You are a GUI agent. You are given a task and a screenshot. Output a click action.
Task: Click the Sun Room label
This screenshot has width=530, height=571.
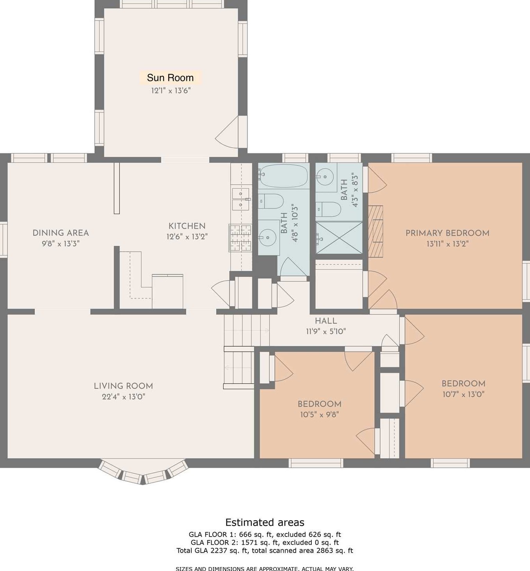[170, 77]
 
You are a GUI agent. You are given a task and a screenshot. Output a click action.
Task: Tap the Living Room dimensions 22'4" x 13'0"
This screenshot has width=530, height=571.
[124, 397]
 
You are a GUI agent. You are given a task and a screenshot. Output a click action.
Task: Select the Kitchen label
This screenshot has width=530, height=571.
[187, 226]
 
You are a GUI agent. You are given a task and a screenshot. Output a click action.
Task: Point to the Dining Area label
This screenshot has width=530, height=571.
[61, 233]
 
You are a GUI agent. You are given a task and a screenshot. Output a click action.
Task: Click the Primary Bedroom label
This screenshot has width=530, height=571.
[447, 233]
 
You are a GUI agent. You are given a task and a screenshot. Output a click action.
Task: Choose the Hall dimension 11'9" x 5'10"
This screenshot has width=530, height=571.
[326, 331]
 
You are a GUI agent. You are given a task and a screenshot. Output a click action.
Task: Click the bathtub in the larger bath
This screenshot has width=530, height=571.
[283, 176]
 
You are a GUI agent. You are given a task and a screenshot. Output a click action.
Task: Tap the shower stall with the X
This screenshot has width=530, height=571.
[339, 238]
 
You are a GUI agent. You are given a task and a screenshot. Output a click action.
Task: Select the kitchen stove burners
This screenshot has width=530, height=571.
[240, 238]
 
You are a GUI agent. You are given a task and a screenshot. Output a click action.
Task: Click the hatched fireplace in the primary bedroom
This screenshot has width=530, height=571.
[375, 231]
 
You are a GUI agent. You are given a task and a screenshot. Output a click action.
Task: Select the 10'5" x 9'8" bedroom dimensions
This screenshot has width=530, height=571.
[320, 414]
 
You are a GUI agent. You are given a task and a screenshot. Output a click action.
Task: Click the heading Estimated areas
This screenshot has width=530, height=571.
[265, 522]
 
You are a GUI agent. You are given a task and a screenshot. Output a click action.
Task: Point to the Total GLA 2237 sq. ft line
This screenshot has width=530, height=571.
[265, 550]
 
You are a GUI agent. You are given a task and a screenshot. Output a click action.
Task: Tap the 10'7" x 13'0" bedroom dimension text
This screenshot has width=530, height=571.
[464, 394]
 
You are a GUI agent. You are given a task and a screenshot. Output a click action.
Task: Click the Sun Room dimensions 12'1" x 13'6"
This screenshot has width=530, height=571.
[171, 90]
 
